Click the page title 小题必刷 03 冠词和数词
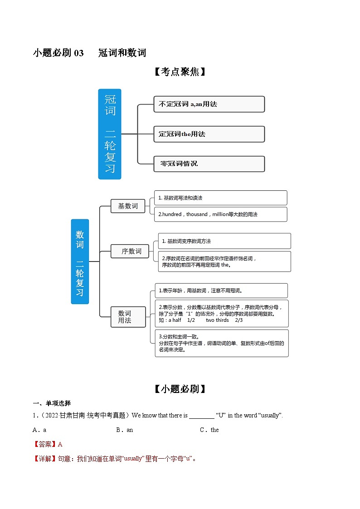(x=90, y=53)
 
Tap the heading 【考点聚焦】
(x=180, y=72)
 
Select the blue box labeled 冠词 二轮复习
(x=110, y=134)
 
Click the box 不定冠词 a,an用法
(x=209, y=104)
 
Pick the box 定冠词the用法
(x=209, y=134)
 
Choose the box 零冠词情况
(x=209, y=164)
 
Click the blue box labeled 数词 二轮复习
(x=80, y=262)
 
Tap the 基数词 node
(x=128, y=206)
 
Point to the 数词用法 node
(x=128, y=316)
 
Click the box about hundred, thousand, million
(x=220, y=214)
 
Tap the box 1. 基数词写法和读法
(x=220, y=198)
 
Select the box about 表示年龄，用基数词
(x=220, y=291)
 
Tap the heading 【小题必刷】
(x=180, y=389)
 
